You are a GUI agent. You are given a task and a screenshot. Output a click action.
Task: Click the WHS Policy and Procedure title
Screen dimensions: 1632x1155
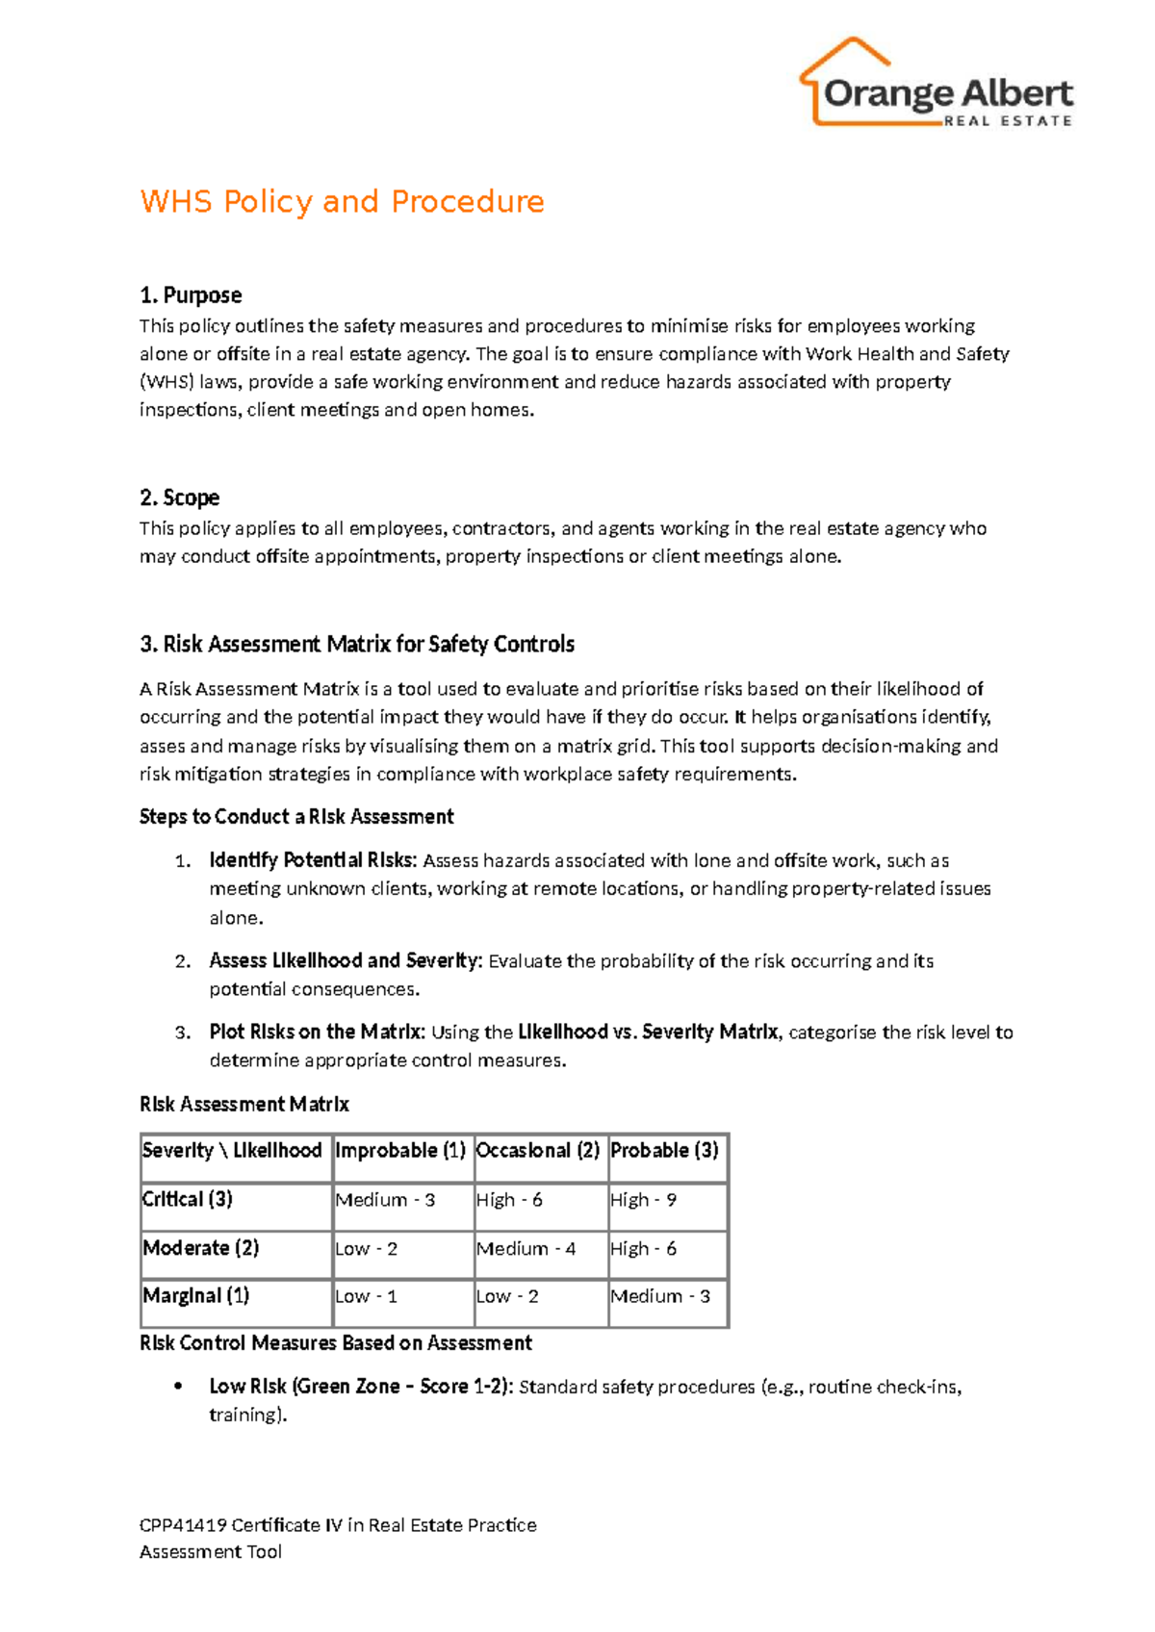(x=342, y=202)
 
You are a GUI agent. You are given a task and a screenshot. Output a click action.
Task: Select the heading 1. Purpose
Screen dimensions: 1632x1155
(x=191, y=295)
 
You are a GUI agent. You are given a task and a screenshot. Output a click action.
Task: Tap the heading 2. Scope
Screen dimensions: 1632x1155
(x=180, y=497)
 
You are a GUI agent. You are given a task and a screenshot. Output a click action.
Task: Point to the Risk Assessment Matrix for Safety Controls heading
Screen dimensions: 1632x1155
(x=357, y=644)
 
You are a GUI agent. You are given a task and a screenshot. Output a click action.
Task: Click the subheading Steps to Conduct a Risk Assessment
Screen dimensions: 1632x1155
(x=296, y=817)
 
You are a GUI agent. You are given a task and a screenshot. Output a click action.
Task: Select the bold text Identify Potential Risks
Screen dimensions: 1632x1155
(x=313, y=860)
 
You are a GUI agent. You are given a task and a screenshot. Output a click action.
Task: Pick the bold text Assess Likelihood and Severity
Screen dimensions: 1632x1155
(x=344, y=960)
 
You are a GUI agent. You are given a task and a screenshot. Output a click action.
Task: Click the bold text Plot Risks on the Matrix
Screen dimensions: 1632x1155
(x=317, y=1032)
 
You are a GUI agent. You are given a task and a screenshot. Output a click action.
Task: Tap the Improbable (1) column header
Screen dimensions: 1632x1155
(x=400, y=1151)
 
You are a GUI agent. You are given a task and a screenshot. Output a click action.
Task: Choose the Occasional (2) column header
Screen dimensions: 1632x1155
(x=538, y=1151)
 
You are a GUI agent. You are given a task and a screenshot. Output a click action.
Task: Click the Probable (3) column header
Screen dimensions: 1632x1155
(x=664, y=1151)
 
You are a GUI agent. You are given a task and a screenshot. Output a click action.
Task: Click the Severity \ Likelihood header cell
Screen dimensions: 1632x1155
(x=232, y=1151)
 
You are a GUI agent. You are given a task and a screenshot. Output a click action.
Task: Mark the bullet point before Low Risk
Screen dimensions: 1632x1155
(x=178, y=1387)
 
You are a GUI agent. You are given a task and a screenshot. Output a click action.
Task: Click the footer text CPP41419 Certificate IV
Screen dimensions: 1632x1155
(x=338, y=1525)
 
